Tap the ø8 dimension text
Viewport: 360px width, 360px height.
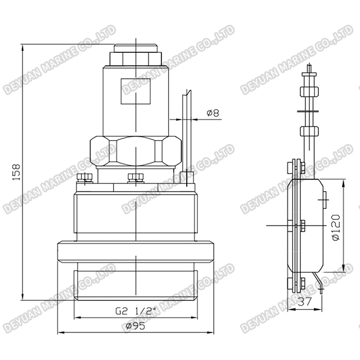point(213,113)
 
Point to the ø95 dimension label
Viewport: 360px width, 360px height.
point(136,327)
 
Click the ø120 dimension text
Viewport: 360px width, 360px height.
point(336,228)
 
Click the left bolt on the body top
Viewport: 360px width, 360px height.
point(85,179)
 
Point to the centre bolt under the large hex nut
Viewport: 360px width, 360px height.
point(136,179)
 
